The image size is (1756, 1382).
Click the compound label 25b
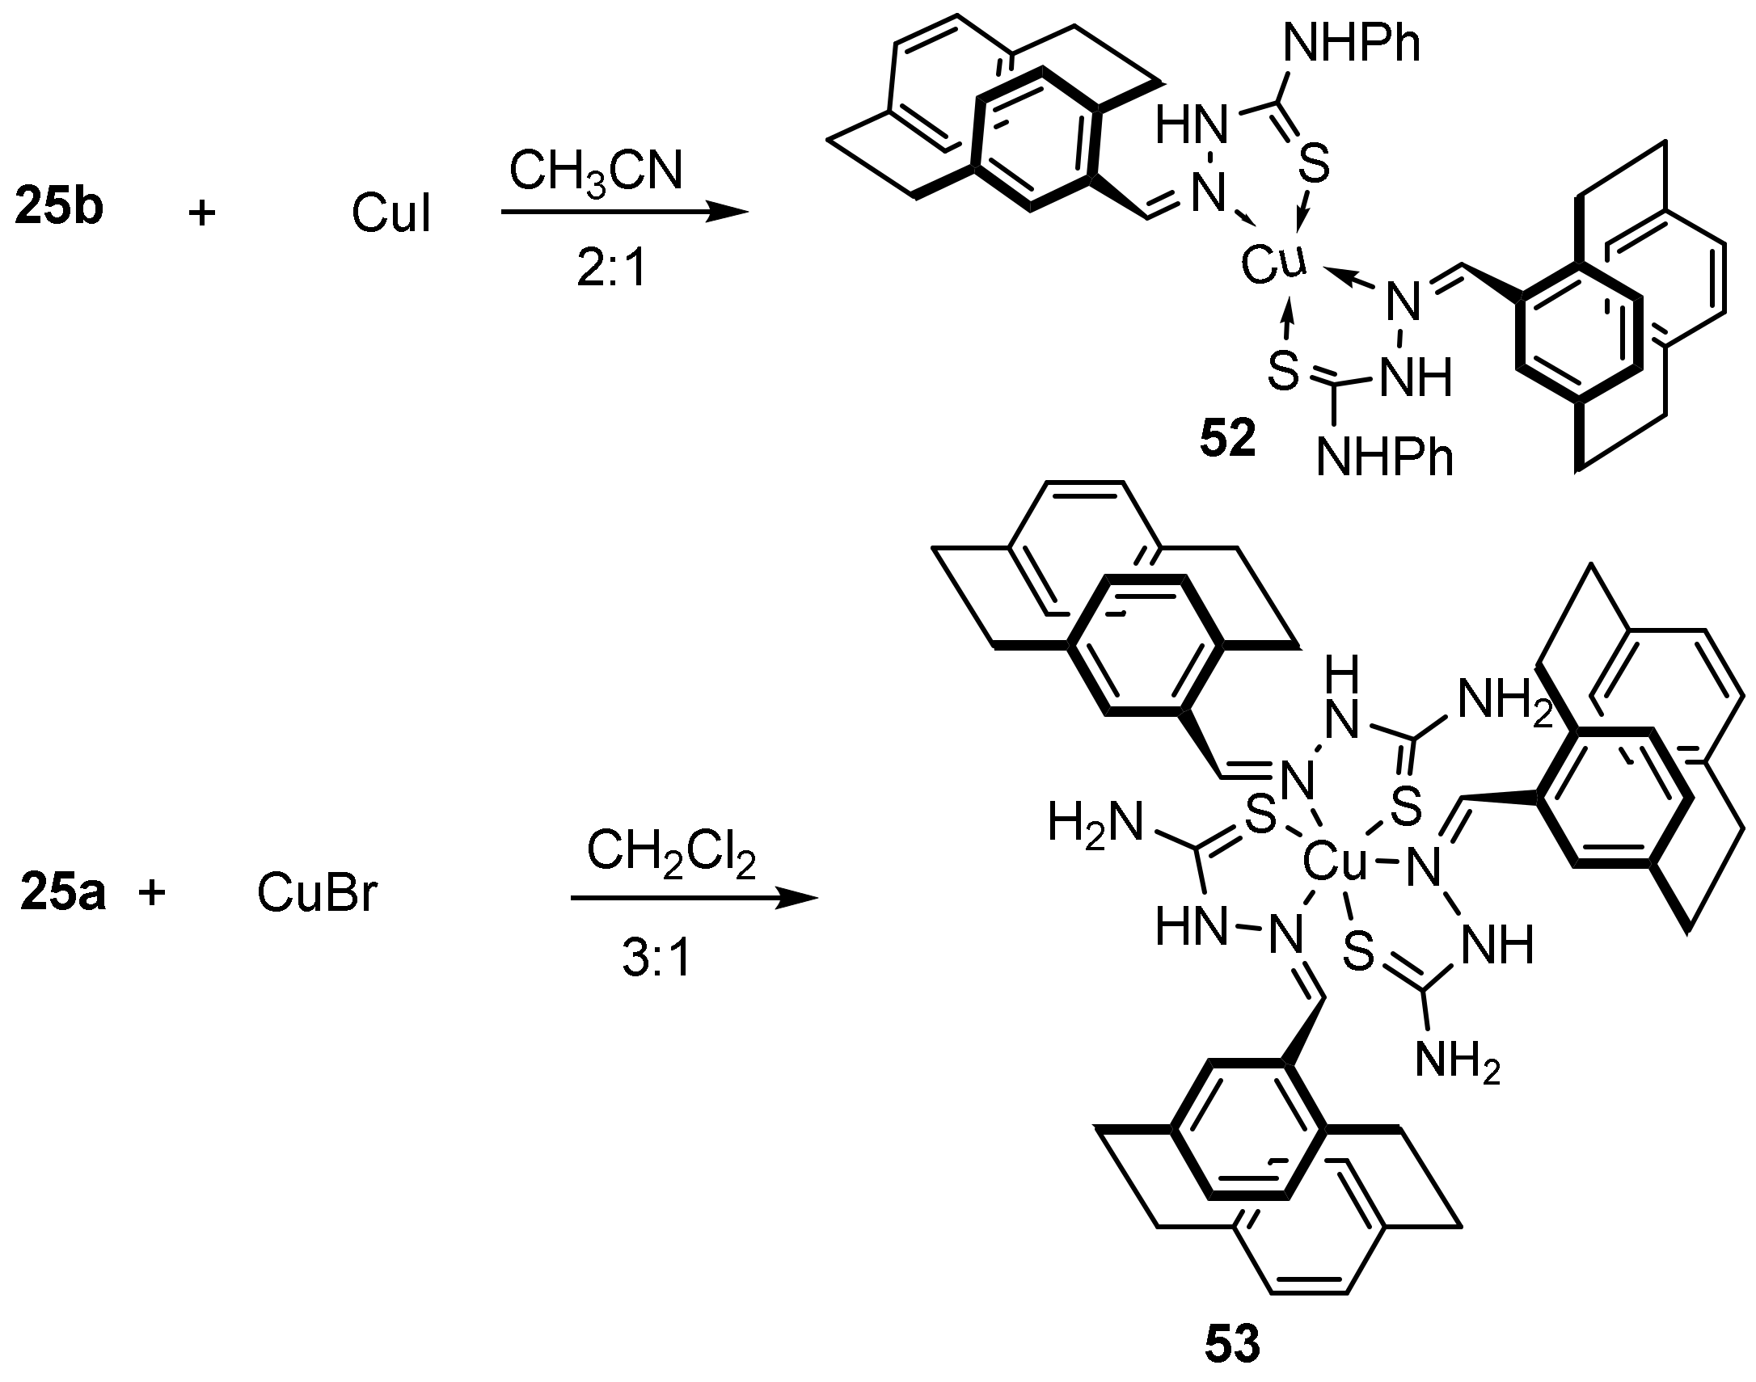point(59,208)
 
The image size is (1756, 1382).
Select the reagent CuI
point(390,214)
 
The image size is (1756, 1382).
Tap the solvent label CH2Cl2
point(671,853)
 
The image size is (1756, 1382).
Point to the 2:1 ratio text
point(612,269)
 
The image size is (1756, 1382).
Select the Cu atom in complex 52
point(1273,263)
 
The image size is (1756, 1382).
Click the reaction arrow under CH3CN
point(623,213)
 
